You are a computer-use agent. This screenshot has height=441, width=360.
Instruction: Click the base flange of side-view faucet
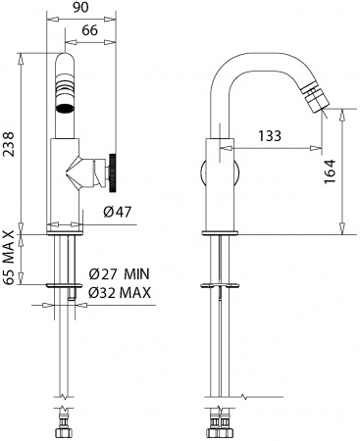tap(221, 231)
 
